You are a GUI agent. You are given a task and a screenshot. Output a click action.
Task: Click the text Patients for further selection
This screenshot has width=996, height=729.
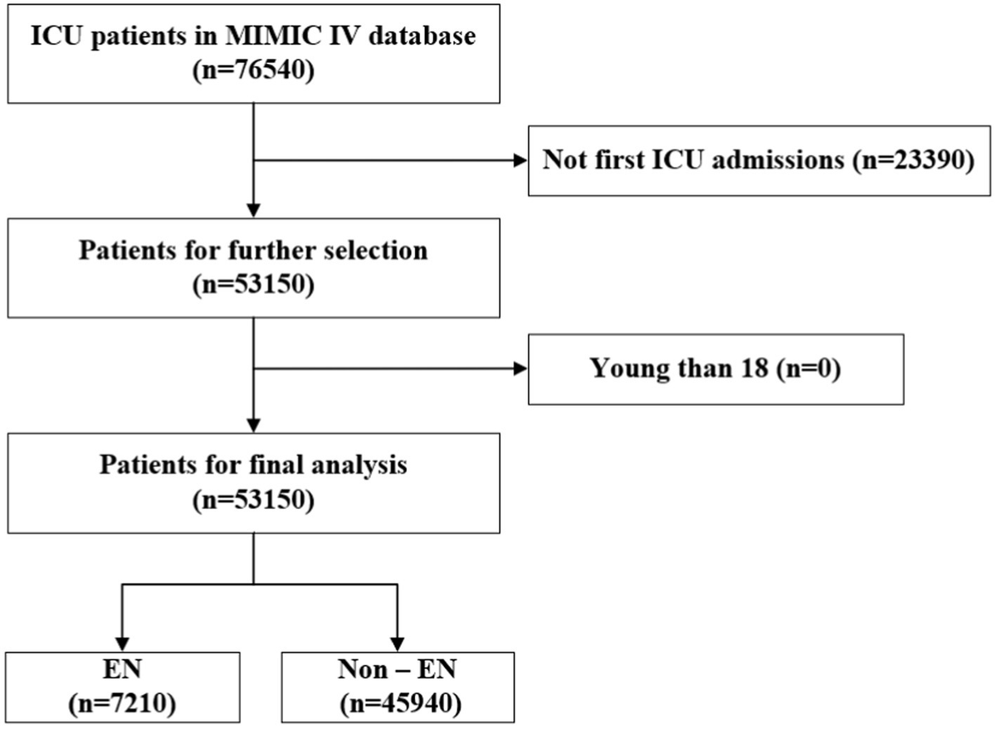pyautogui.click(x=253, y=250)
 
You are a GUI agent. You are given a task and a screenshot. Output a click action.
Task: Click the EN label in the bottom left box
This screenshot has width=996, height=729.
pyautogui.click(x=123, y=669)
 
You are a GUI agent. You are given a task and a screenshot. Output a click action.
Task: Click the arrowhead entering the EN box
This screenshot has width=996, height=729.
pyautogui.click(x=123, y=643)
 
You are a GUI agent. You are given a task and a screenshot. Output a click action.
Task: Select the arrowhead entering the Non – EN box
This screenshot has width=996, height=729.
pyautogui.click(x=397, y=643)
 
